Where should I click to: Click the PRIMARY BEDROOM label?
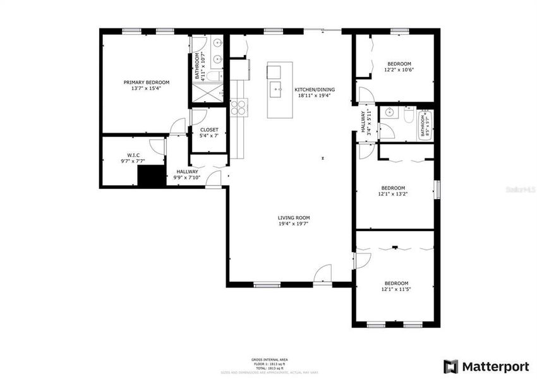(147, 82)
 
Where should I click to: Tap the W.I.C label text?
(133, 155)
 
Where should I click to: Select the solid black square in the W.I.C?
(151, 176)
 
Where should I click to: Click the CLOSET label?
(209, 129)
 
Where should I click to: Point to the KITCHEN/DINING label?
(315, 90)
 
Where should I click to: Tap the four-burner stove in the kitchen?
(238, 107)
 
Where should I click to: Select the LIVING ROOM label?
(294, 218)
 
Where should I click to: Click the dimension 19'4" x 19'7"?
(294, 224)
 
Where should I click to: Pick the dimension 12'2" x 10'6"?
(399, 70)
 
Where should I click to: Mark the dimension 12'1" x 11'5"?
(396, 289)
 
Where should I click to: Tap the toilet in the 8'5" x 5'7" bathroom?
(407, 117)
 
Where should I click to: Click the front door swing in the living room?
(322, 275)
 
